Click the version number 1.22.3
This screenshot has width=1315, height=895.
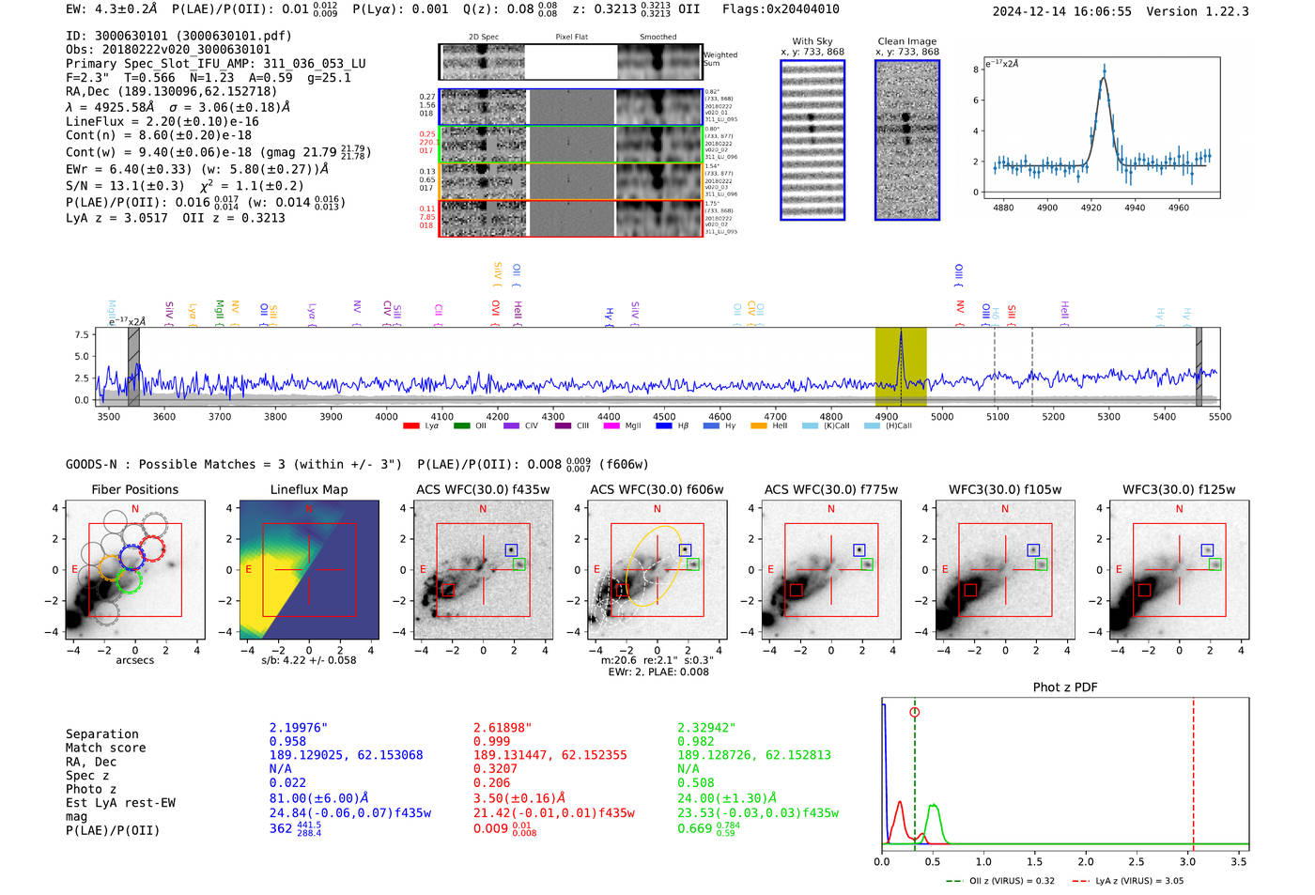point(1226,11)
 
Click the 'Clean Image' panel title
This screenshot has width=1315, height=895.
point(906,41)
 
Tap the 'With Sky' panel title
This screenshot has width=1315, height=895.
point(812,41)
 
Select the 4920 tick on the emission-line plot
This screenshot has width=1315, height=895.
point(1091,208)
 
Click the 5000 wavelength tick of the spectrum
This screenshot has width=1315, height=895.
point(942,417)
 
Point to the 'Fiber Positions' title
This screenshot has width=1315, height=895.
point(134,489)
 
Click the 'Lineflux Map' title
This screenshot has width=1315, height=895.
point(308,489)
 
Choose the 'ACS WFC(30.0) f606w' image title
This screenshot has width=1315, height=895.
point(657,489)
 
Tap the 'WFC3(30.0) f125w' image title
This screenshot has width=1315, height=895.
point(1179,489)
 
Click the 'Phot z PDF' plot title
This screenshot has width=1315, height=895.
point(1065,687)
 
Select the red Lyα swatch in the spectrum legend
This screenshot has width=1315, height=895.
point(411,426)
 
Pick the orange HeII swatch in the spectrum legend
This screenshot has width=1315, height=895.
point(759,426)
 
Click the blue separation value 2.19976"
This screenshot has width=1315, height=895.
point(299,728)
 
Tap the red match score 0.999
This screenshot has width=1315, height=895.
point(492,741)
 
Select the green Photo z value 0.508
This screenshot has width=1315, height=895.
point(695,782)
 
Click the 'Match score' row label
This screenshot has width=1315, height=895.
point(105,748)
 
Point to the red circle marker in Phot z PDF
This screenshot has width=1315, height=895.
point(914,713)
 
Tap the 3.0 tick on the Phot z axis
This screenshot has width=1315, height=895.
point(1187,861)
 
